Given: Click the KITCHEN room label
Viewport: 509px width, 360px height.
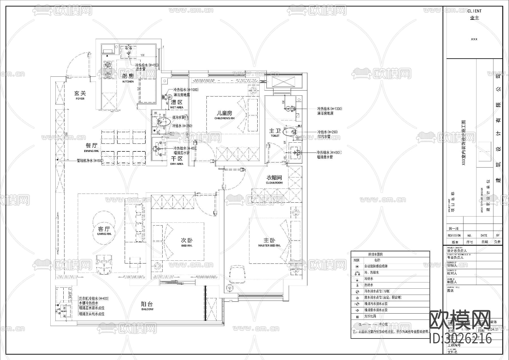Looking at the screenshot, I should click(128, 82).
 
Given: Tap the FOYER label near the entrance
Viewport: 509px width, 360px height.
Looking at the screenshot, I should click(80, 99).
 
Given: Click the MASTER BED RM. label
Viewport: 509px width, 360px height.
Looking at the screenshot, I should click(269, 246).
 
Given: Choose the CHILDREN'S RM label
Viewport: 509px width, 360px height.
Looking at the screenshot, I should click(225, 118).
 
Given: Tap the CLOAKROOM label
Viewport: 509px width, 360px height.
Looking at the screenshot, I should click(274, 183).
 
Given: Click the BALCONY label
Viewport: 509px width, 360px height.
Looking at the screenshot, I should click(147, 309).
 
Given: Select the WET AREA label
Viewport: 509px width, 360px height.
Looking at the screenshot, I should click(176, 108).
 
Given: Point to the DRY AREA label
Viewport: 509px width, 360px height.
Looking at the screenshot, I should click(177, 164).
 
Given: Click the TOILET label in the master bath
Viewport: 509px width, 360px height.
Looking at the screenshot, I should click(275, 136).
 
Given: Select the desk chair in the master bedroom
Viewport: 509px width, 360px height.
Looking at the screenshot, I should click(237, 274).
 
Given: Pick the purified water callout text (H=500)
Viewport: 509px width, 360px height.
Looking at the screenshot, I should click(90, 160).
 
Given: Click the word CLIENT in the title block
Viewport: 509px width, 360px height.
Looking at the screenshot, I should click(474, 11).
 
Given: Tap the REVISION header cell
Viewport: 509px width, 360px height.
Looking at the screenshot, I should click(454, 235).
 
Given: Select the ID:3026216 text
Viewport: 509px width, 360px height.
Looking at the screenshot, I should click(461, 338).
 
